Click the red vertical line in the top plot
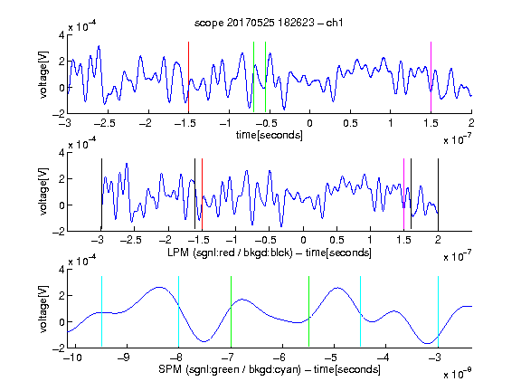(188, 77)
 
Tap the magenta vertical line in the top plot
(431, 77)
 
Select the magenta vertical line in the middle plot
(403, 195)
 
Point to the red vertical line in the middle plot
(202, 195)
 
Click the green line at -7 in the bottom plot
(231, 311)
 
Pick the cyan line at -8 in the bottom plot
(178, 311)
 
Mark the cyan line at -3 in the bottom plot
(438, 311)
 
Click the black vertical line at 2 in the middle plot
(438, 195)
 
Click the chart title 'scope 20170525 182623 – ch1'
(269, 23)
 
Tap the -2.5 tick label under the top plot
(104, 123)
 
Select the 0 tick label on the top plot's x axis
(309, 123)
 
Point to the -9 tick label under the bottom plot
(124, 358)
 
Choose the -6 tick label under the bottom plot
(279, 358)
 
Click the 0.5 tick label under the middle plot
(336, 240)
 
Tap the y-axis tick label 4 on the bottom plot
(62, 269)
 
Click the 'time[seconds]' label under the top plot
(270, 135)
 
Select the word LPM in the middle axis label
(178, 253)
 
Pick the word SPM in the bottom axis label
(170, 369)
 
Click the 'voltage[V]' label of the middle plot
(43, 192)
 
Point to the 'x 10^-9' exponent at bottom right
(457, 374)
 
